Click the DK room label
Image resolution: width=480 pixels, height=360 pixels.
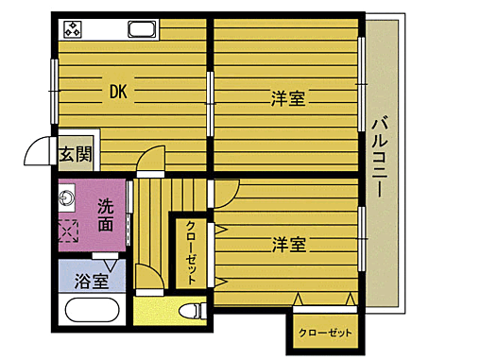pos(117,92)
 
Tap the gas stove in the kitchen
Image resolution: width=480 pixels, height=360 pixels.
pos(73,28)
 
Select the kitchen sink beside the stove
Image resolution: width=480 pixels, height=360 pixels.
pos(142,30)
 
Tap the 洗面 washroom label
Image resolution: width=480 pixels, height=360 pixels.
pos(106,215)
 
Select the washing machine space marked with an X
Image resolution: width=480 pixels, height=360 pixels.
pos(67,231)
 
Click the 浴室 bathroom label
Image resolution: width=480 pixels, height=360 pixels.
pos(91,281)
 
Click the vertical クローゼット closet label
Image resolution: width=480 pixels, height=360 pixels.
pos(190,251)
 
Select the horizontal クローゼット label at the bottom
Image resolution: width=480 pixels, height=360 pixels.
pos(324,334)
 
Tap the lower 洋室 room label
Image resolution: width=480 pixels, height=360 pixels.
pos(289,244)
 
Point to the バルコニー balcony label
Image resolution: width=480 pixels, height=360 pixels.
pos(381,156)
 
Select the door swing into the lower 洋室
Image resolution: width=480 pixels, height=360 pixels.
pos(224,195)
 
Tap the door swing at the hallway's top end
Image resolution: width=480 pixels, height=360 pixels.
pos(149,163)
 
